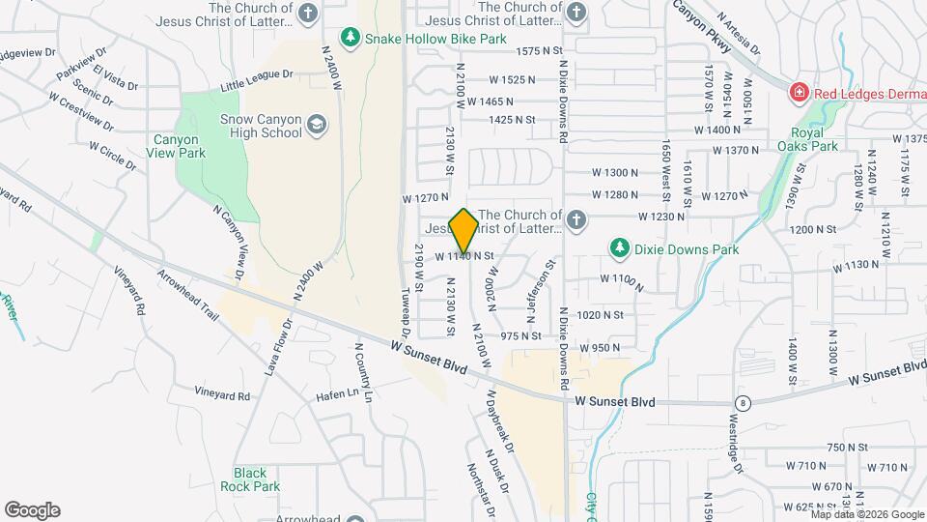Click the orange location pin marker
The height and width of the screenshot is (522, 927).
click(464, 232)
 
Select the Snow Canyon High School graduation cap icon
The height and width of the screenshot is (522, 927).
click(316, 125)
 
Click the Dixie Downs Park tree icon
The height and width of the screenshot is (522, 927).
click(619, 248)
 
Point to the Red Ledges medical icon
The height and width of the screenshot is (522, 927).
click(799, 93)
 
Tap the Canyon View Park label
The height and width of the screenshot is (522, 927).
click(176, 146)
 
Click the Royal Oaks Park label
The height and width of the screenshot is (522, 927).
click(807, 139)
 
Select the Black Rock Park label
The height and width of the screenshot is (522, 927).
click(250, 478)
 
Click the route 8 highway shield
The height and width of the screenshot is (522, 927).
click(742, 401)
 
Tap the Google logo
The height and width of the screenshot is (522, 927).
click(32, 509)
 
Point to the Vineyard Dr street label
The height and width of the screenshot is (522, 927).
click(223, 394)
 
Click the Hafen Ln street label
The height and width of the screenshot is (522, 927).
click(337, 394)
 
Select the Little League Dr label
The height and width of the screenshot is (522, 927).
click(256, 80)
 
